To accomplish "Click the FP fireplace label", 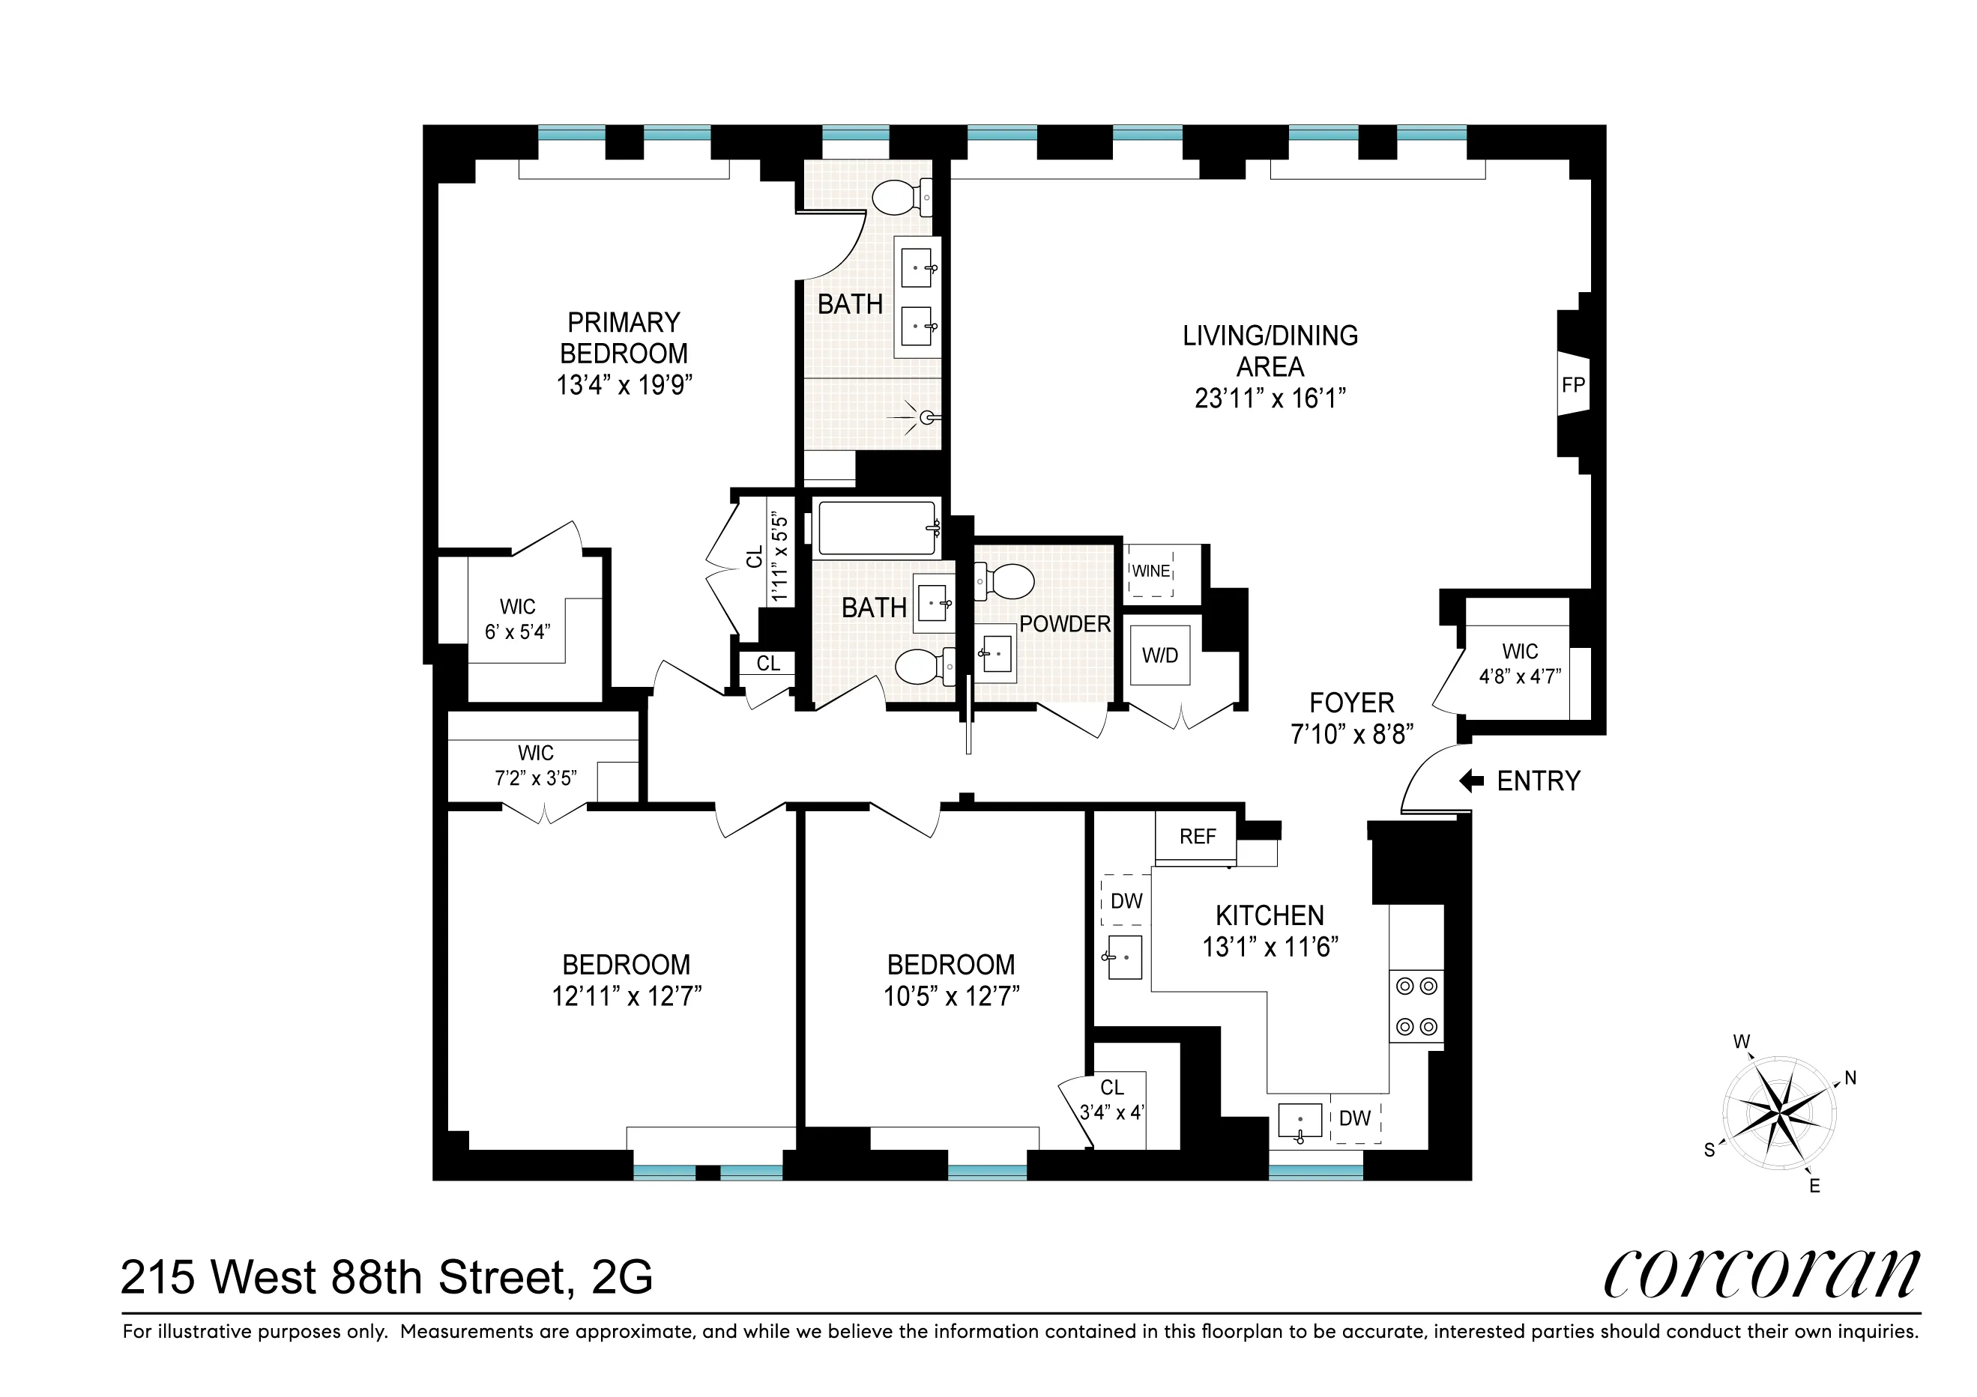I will pyautogui.click(x=1572, y=385).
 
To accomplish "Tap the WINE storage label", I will pyautogui.click(x=1150, y=571).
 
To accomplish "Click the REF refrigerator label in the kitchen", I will pyautogui.click(x=1197, y=837).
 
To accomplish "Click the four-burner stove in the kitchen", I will pyautogui.click(x=1416, y=1006).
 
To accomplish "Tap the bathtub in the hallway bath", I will pyautogui.click(x=877, y=527).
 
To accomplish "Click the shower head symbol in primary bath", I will pyautogui.click(x=926, y=417).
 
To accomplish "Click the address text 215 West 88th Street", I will pyautogui.click(x=386, y=1277).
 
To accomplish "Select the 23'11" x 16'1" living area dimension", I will pyautogui.click(x=1270, y=399).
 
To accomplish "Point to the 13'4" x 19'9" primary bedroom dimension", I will pyautogui.click(x=624, y=385).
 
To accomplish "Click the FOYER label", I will pyautogui.click(x=1351, y=703).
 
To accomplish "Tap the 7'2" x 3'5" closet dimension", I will pyautogui.click(x=535, y=778).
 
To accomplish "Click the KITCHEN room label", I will pyautogui.click(x=1270, y=915).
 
